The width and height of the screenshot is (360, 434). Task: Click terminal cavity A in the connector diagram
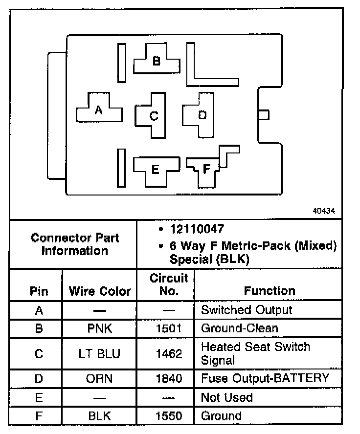pyautogui.click(x=99, y=110)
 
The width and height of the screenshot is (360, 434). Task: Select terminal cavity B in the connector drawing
pyautogui.click(x=157, y=61)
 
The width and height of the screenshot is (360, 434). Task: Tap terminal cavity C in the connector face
pyautogui.click(x=154, y=116)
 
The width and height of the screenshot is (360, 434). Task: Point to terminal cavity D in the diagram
pyautogui.click(x=202, y=115)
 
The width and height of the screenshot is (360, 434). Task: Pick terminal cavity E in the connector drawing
pyautogui.click(x=155, y=169)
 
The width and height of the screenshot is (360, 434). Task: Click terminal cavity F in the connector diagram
pyautogui.click(x=206, y=169)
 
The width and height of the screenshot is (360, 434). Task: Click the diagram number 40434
pyautogui.click(x=324, y=212)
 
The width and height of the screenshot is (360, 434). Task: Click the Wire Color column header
pyautogui.click(x=99, y=292)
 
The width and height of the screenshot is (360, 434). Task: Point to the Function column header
pyautogui.click(x=270, y=291)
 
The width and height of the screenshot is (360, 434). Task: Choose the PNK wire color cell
pyautogui.click(x=99, y=328)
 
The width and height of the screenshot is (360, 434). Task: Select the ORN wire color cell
pyautogui.click(x=99, y=378)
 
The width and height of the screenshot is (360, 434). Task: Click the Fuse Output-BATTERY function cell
pyautogui.click(x=265, y=378)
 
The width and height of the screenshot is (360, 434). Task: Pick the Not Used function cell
pyautogui.click(x=226, y=397)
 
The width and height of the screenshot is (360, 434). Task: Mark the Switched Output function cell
pyautogui.click(x=247, y=310)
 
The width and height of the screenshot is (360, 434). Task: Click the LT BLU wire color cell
pyautogui.click(x=99, y=353)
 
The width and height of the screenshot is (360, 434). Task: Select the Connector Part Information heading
pyautogui.click(x=75, y=244)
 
